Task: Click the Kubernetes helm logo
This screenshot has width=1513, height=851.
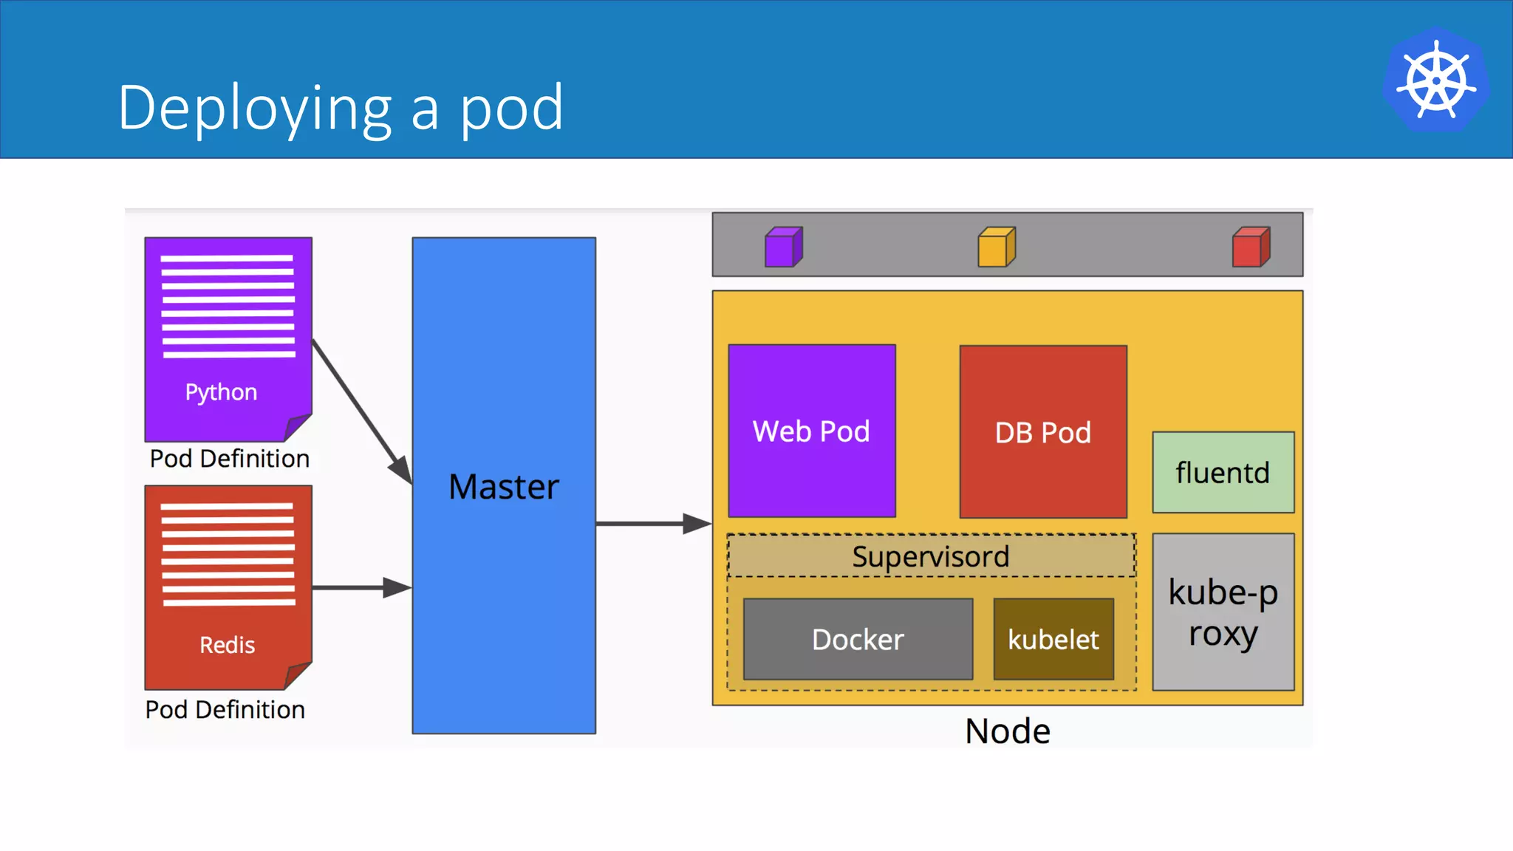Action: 1436,80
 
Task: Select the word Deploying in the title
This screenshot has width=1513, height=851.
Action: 255,108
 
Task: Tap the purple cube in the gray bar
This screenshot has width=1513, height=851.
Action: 783,247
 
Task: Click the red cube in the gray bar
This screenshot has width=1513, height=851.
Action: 1251,247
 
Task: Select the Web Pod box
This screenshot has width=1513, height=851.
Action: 812,431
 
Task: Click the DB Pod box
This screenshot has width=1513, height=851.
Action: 1043,432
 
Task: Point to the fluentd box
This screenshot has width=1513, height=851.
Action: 1223,473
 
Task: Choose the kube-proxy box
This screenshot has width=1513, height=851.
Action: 1223,612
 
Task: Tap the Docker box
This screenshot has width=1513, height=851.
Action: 858,639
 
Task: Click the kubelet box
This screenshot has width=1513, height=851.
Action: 1053,639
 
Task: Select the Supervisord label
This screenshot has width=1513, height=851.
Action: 931,556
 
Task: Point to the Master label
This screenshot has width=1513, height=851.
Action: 504,487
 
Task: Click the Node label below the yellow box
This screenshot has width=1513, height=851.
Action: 1008,731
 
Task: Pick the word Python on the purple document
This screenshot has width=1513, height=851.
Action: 221,392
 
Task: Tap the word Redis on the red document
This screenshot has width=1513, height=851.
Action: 227,645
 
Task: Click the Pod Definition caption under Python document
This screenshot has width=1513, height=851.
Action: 229,459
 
